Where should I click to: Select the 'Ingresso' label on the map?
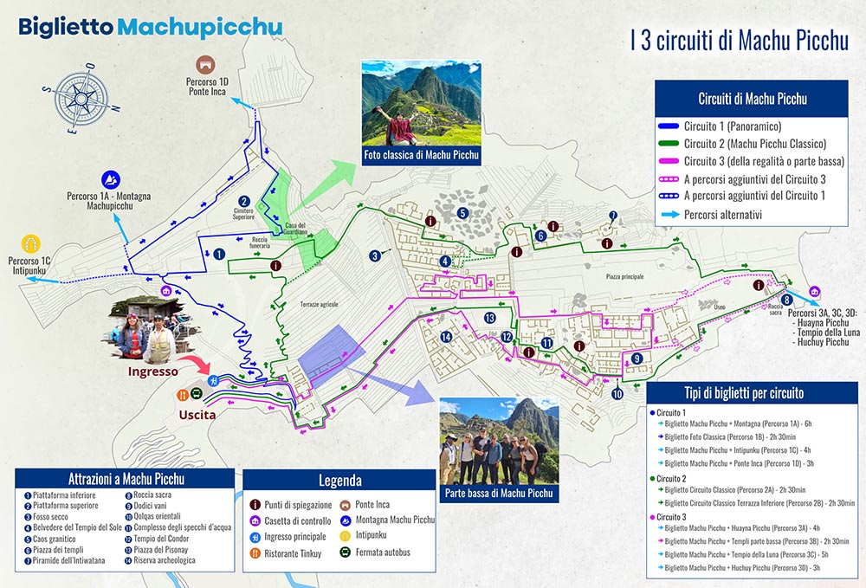pyautogui.click(x=152, y=372)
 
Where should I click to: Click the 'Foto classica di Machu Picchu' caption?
pyautogui.click(x=421, y=156)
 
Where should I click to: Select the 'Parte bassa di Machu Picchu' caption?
pyautogui.click(x=498, y=494)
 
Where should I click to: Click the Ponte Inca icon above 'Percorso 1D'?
pyautogui.click(x=204, y=65)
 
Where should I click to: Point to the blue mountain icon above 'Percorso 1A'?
pyautogui.click(x=112, y=179)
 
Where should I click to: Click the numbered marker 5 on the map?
pyautogui.click(x=463, y=213)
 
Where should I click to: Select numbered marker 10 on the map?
pyautogui.click(x=617, y=394)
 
